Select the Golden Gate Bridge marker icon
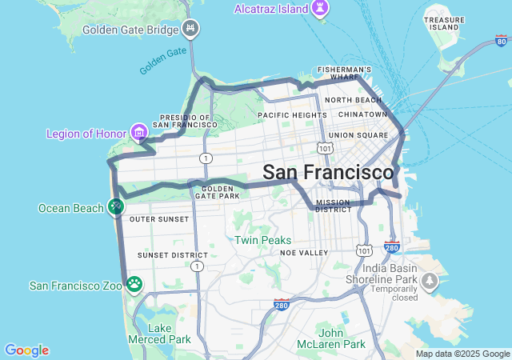click(x=190, y=30)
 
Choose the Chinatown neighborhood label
click(x=362, y=114)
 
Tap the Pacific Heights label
click(x=292, y=115)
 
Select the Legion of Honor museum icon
click(x=139, y=131)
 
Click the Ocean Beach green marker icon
click(x=116, y=208)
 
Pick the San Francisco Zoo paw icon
click(x=134, y=285)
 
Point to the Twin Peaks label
click(x=262, y=240)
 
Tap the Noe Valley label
click(x=304, y=253)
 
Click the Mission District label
click(x=333, y=206)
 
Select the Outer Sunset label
click(x=159, y=219)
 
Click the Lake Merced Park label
click(x=170, y=334)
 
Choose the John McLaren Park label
click(x=342, y=338)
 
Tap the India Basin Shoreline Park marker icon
click(x=430, y=281)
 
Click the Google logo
click(x=26, y=350)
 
